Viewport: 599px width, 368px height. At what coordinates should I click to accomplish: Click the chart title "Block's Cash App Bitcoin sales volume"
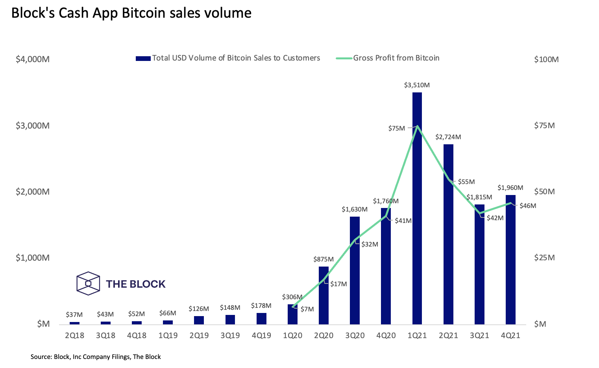coord(131,13)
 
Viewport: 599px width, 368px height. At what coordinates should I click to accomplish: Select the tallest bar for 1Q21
coord(417,208)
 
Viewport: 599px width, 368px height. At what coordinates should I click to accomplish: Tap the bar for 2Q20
coord(324,295)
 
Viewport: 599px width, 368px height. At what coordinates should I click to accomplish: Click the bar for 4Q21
coord(510,259)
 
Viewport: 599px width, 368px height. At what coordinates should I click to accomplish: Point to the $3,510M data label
coord(417,85)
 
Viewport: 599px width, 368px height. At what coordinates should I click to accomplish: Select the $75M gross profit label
coord(396,128)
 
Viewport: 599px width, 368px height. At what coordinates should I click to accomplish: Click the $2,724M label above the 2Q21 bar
coord(448,137)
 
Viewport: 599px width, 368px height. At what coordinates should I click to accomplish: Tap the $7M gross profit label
coord(307,309)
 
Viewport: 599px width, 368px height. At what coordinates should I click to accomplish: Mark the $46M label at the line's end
coord(527,206)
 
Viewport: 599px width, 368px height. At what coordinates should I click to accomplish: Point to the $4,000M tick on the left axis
coord(33,59)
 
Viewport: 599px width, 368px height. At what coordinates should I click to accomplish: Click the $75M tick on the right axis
coord(544,125)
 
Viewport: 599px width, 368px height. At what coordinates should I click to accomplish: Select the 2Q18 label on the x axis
coord(74,335)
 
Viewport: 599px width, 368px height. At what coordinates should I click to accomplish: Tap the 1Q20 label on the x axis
coord(292,335)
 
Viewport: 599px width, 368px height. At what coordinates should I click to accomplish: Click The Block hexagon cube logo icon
coord(88,283)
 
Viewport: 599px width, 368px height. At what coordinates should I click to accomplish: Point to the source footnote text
coord(96,357)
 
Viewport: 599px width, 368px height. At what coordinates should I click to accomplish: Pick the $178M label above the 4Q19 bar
coord(261,305)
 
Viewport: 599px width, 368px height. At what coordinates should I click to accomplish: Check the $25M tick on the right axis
coord(544,258)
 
